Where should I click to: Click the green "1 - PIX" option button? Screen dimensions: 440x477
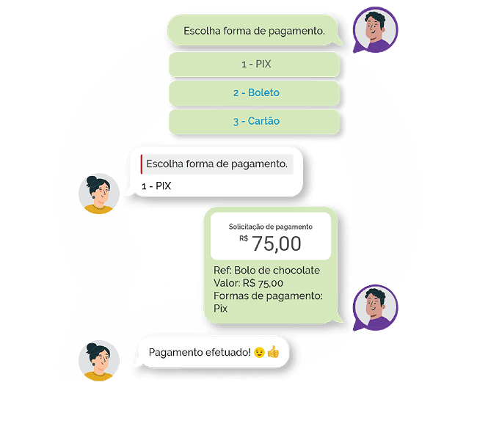tap(255, 65)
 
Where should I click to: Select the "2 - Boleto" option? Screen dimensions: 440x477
tap(255, 93)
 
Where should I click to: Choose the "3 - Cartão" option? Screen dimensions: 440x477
tap(255, 121)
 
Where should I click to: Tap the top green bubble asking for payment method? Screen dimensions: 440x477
tap(254, 31)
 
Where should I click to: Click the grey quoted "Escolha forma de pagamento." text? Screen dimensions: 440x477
tap(216, 164)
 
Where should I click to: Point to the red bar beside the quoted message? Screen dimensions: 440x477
tap(141, 164)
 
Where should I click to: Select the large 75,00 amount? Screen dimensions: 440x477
tap(276, 243)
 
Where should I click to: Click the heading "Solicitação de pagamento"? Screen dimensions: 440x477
tap(270, 227)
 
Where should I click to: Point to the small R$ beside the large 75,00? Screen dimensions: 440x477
tap(244, 238)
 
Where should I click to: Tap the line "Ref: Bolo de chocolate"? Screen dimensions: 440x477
tap(266, 270)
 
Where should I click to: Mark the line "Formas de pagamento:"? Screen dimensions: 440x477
tap(268, 296)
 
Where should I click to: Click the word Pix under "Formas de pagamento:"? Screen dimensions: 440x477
tap(220, 309)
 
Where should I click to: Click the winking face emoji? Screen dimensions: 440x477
tap(259, 353)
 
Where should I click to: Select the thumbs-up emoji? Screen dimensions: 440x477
tap(273, 353)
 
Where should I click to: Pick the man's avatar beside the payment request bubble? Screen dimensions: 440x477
tap(375, 308)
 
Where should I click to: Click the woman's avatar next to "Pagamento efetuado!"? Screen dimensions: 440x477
tap(98, 360)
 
